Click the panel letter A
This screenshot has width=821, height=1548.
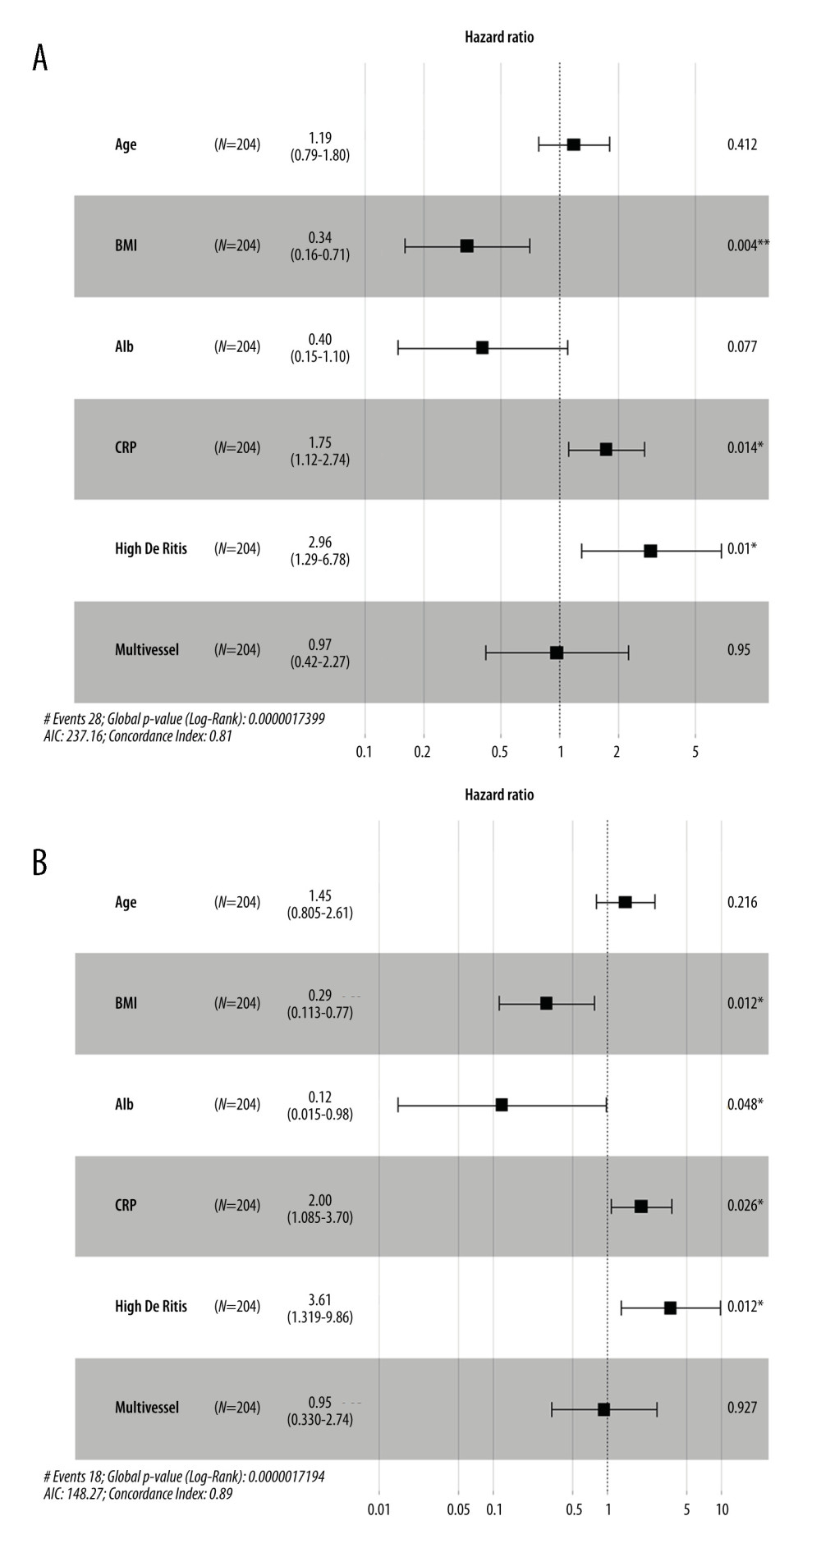click(39, 58)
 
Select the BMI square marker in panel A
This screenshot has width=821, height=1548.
click(466, 246)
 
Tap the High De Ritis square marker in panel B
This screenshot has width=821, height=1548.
click(670, 1308)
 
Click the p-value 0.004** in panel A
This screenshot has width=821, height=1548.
click(747, 245)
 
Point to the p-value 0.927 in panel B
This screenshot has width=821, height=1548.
click(742, 1408)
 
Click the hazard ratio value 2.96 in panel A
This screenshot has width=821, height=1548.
click(320, 543)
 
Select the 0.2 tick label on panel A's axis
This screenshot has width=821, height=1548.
click(422, 752)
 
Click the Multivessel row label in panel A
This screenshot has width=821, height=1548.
click(146, 650)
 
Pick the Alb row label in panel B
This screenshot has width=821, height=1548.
click(124, 1105)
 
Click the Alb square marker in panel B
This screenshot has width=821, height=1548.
click(502, 1105)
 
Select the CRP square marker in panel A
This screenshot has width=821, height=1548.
click(606, 449)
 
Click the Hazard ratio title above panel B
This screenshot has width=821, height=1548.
click(498, 795)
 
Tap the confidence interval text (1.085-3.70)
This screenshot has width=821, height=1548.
click(320, 1218)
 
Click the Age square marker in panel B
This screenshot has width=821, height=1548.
click(625, 902)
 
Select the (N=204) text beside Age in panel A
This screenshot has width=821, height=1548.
click(237, 145)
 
